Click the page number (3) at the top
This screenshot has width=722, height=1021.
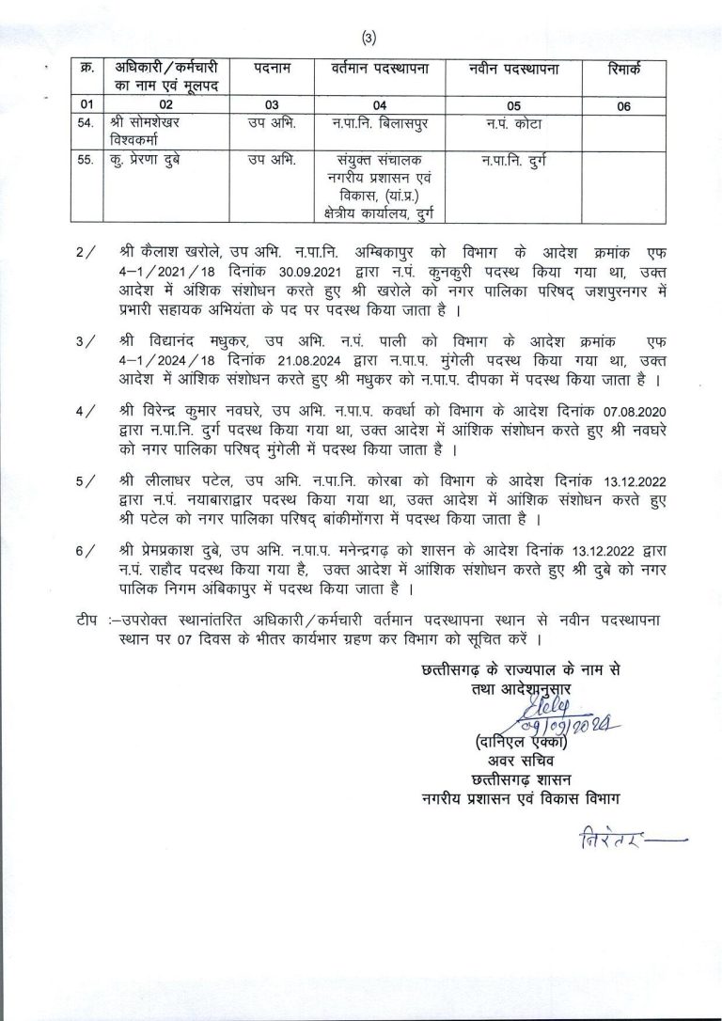click(x=369, y=38)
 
